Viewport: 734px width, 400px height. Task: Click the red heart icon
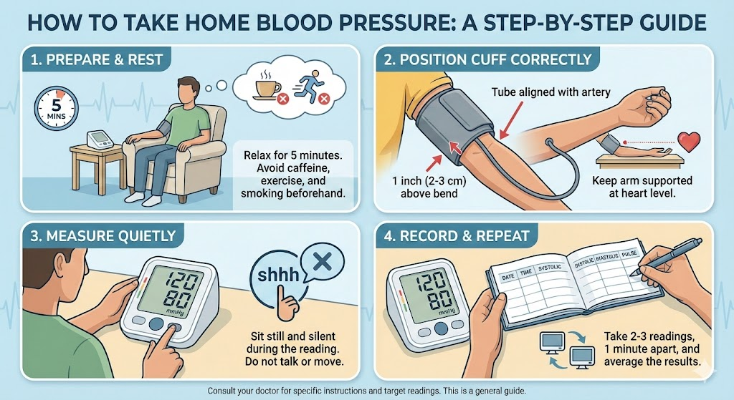[x=689, y=142]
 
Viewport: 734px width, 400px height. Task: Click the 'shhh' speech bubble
[x=276, y=273]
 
